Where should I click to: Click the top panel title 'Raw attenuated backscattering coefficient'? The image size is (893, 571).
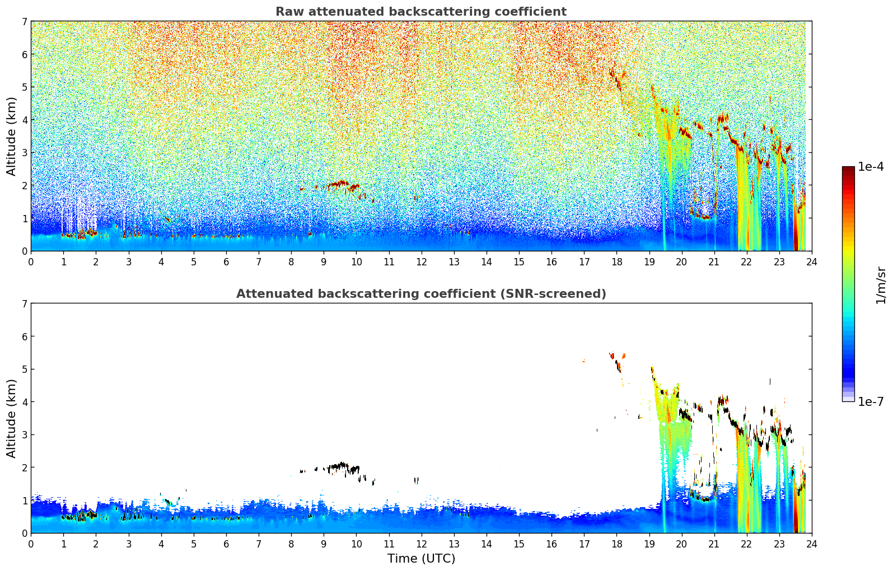[x=421, y=12]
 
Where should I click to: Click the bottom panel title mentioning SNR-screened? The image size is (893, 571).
[x=421, y=294]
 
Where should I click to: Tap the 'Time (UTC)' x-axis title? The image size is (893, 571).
[x=421, y=559]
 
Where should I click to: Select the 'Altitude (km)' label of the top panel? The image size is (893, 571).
[x=11, y=136]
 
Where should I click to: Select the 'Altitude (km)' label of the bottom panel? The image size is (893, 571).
[x=11, y=418]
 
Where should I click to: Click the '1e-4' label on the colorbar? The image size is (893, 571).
[x=871, y=167]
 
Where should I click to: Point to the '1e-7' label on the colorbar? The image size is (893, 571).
[x=871, y=401]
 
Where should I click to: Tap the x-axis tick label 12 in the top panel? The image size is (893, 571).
[x=421, y=261]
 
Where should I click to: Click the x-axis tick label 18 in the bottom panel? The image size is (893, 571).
[x=616, y=544]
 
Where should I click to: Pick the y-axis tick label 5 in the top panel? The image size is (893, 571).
[x=25, y=87]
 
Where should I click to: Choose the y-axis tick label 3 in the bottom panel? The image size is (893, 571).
[x=25, y=434]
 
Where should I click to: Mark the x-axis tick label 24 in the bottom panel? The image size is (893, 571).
[x=811, y=544]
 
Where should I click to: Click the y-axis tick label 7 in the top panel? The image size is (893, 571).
[x=25, y=22]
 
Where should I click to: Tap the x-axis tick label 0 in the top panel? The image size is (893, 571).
[x=31, y=261]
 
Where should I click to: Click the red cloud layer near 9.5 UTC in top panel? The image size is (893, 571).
[x=338, y=183]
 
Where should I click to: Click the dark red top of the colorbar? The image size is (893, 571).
[x=848, y=169]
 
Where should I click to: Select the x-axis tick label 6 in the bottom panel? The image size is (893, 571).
[x=226, y=544]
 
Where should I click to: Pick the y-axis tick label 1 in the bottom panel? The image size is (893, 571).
[x=25, y=500]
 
